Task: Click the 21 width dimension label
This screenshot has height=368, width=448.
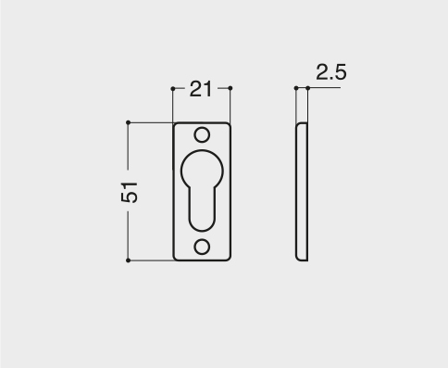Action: pyautogui.click(x=201, y=89)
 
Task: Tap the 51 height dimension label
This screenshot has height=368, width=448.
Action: pyautogui.click(x=130, y=192)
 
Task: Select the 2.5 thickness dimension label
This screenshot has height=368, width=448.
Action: pyautogui.click(x=331, y=72)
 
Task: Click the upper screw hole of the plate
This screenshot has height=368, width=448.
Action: pyautogui.click(x=202, y=135)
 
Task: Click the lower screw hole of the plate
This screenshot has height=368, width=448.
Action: pyautogui.click(x=202, y=247)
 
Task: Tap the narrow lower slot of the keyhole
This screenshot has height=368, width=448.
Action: pyautogui.click(x=202, y=210)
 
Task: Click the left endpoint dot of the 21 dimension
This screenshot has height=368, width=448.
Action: pyautogui.click(x=173, y=89)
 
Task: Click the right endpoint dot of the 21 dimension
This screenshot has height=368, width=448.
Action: pyautogui.click(x=230, y=88)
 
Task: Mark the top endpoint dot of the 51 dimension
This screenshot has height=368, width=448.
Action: pyautogui.click(x=129, y=122)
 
